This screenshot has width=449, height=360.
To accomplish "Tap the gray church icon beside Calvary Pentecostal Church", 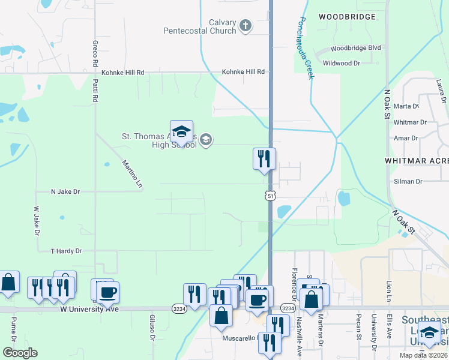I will click(245, 25).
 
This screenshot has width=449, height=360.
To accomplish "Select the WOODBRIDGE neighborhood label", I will click(347, 17).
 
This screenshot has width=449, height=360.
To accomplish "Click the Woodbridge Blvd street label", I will click(356, 48).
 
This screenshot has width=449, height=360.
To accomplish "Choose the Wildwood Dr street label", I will click(342, 62).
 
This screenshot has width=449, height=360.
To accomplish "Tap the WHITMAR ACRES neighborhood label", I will click(417, 161).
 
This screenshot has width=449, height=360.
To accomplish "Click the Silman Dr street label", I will click(409, 181).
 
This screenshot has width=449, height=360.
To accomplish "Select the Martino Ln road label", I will click(132, 174).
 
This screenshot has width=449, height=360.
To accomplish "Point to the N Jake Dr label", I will click(65, 192).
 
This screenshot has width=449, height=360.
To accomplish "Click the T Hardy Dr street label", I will click(66, 251).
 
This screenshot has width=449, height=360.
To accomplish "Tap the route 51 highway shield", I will click(270, 196).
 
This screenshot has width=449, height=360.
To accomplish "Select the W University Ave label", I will click(89, 309).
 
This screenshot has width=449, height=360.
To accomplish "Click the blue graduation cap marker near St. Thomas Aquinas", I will click(181, 131).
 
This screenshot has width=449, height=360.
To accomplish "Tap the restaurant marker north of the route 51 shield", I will click(264, 159).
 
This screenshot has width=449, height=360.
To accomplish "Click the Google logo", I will click(20, 353).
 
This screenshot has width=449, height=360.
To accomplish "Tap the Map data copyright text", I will click(423, 355).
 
